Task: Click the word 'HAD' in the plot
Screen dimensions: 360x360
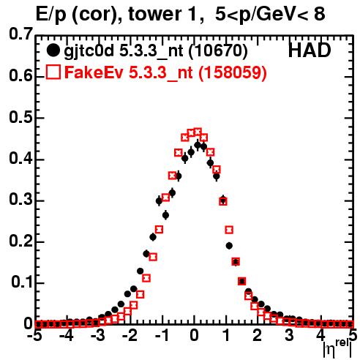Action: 310,50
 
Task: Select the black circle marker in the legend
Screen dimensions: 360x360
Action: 53,50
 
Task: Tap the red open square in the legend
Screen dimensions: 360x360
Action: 53,72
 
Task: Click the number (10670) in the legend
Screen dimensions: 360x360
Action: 218,50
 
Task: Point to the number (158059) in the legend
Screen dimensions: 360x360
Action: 232,72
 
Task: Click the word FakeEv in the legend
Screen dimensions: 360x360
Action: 94,72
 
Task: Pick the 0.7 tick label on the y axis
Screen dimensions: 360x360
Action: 20,34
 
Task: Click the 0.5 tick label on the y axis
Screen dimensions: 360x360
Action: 20,118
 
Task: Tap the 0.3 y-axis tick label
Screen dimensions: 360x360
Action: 20,200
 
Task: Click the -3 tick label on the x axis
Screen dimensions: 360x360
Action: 98,336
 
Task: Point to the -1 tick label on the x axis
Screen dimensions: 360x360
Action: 162,336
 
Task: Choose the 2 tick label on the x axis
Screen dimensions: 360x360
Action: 258,336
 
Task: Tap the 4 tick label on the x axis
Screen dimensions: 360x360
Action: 321,336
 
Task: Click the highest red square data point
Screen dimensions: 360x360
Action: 198,132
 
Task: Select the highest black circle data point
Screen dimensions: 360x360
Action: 198,146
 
